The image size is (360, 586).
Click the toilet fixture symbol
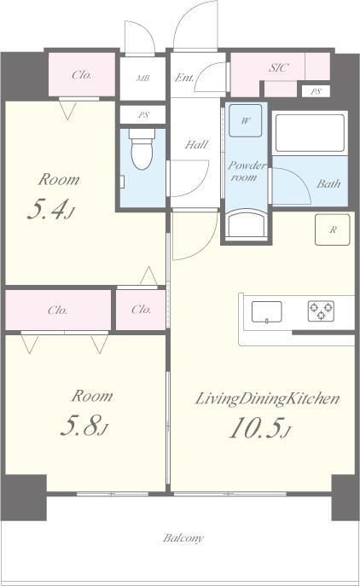click(x=142, y=148)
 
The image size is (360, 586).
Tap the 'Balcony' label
click(x=183, y=538)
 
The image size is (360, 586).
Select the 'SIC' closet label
click(x=278, y=67)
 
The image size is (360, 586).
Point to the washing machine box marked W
click(x=245, y=121)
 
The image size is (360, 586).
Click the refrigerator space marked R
click(x=333, y=229)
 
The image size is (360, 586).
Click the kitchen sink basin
click(x=266, y=311)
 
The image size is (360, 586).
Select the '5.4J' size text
click(x=51, y=209)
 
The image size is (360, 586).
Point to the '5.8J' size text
click(x=84, y=426)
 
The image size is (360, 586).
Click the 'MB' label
click(x=143, y=78)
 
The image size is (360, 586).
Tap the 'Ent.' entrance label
click(x=184, y=78)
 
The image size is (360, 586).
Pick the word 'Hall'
click(x=196, y=144)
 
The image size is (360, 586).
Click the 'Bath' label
click(x=328, y=184)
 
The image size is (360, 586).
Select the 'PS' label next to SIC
click(x=316, y=91)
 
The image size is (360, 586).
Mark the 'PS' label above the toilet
click(x=143, y=115)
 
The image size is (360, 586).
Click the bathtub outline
click(x=310, y=133)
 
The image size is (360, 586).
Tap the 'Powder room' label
click(x=247, y=171)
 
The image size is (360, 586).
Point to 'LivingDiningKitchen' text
click(x=267, y=399)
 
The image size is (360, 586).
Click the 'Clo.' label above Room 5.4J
click(x=82, y=75)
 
